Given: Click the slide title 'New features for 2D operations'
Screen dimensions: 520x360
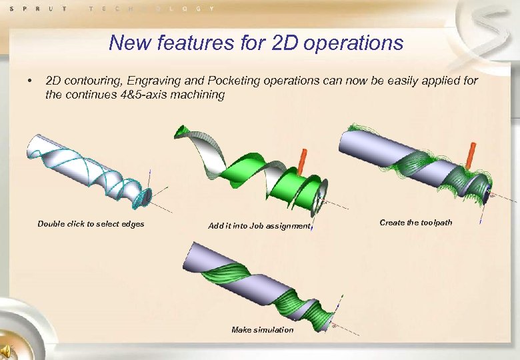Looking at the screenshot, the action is pos(256,43).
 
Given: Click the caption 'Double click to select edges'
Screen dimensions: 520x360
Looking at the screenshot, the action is pos(91,224).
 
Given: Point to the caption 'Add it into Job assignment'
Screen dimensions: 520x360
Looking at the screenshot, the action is pos(259,227).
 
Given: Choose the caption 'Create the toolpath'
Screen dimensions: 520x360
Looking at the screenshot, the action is pos(415,223).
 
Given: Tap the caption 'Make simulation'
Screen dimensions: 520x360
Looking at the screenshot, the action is pos(262,330).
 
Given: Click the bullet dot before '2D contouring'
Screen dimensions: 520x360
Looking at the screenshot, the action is pos(29,81).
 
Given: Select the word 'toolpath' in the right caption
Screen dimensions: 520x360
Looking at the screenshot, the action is pos(436,223).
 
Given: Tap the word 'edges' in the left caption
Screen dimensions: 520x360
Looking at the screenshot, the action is pos(133,224).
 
